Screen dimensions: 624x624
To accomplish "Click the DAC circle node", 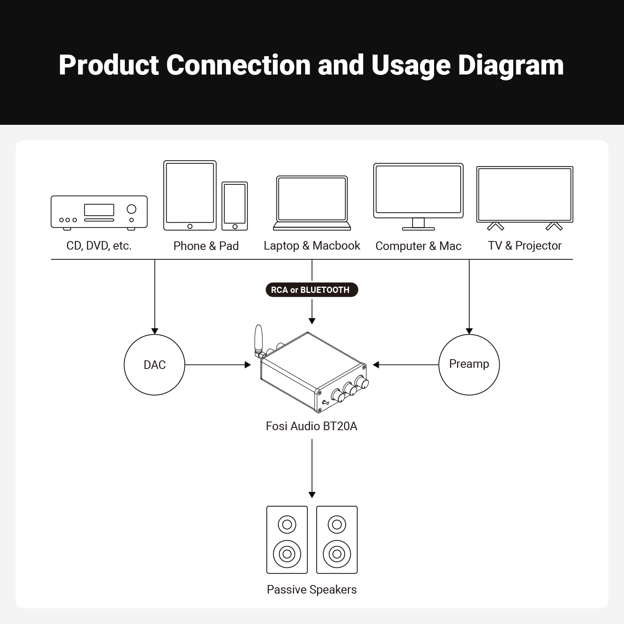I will (154, 365).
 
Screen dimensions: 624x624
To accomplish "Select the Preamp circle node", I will (469, 365).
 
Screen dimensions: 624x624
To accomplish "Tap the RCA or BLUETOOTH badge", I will (311, 290).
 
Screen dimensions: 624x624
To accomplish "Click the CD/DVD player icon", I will (99, 212).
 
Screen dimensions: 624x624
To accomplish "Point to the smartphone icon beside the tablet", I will (235, 206).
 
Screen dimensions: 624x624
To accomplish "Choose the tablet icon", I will (190, 195).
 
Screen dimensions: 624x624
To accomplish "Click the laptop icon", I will (312, 203).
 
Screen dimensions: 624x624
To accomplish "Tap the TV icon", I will (525, 197).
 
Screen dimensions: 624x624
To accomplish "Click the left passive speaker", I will (287, 540).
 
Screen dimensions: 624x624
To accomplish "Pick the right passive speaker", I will (337, 540).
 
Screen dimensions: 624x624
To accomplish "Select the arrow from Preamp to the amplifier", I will (406, 365).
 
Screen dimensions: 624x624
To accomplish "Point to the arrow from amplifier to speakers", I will (312, 468).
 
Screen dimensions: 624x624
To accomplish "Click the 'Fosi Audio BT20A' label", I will (311, 426).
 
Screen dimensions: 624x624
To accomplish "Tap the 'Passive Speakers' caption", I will (312, 589).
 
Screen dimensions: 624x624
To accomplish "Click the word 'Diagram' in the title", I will (511, 65).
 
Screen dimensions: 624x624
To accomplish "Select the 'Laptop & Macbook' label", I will (312, 246).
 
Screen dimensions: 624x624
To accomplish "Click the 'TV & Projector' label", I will (525, 246).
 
